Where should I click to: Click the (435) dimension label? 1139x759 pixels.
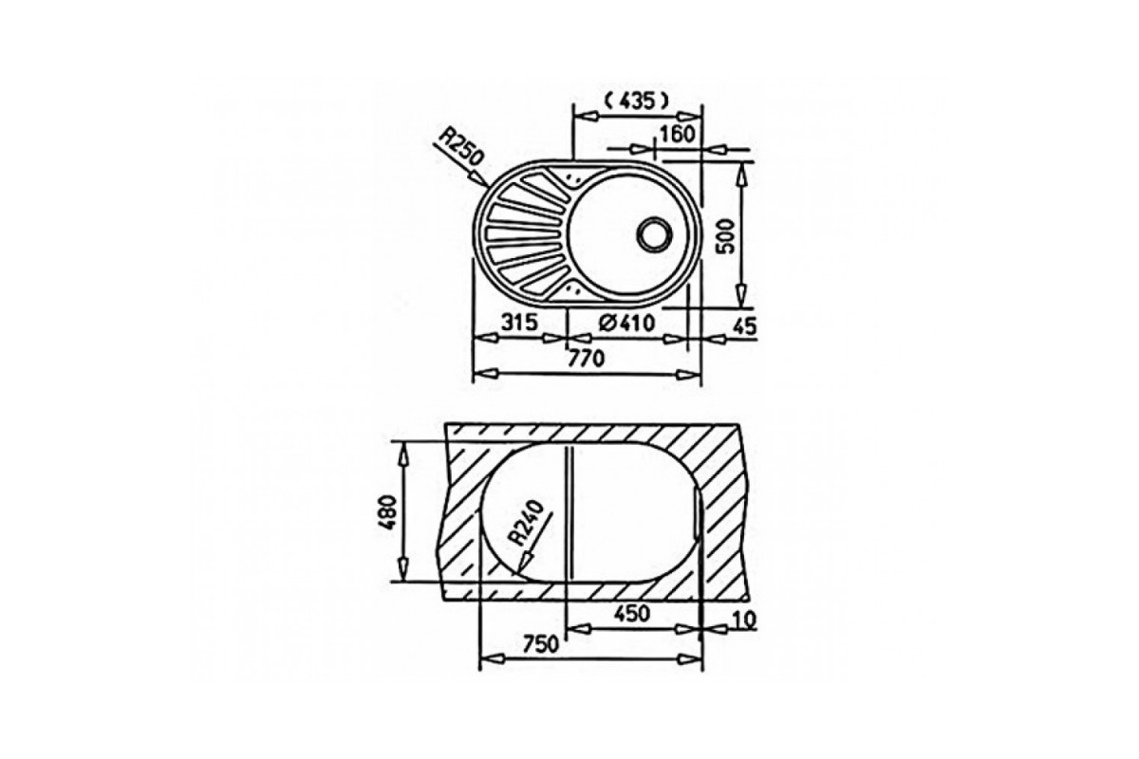pyautogui.click(x=636, y=102)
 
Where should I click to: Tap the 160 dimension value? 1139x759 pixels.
pyautogui.click(x=677, y=134)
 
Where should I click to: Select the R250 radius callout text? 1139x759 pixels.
pyautogui.click(x=460, y=147)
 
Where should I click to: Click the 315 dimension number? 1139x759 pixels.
pyautogui.click(x=520, y=322)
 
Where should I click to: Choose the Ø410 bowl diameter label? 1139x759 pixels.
pyautogui.click(x=626, y=323)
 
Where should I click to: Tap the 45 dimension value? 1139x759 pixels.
pyautogui.click(x=745, y=326)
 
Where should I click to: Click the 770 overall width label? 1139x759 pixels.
pyautogui.click(x=587, y=359)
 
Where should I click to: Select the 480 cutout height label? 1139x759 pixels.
pyautogui.click(x=389, y=512)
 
